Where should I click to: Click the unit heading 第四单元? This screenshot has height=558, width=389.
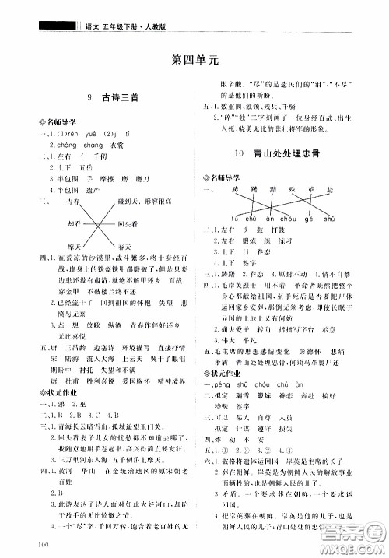pyautogui.click(x=194, y=58)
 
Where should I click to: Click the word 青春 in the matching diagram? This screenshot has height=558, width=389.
pyautogui.click(x=75, y=201)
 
